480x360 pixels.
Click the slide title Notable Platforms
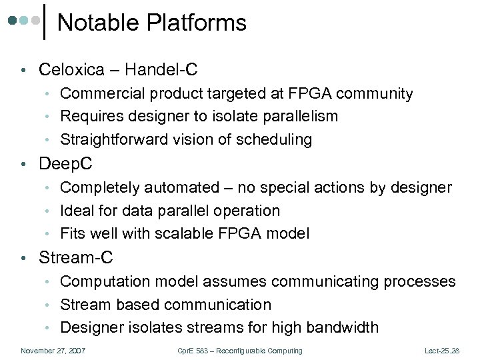pos(152,23)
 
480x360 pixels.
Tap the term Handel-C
pos(163,69)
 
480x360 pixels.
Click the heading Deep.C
pos(66,164)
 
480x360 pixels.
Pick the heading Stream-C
pos(76,258)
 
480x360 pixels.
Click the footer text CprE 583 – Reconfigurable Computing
pos(241,351)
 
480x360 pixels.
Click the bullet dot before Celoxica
pos(23,70)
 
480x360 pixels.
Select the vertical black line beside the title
pos(45,21)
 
